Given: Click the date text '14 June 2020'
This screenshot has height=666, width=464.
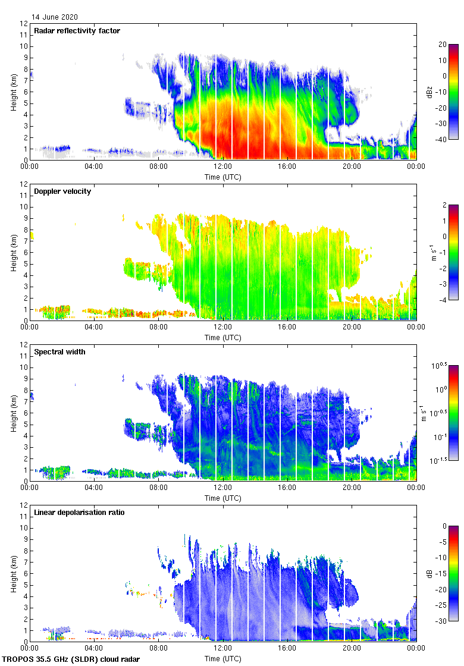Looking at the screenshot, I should click(x=55, y=17).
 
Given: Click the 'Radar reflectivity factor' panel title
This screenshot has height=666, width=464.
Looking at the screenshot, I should click(x=77, y=31).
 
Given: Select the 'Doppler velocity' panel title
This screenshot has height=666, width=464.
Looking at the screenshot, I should click(x=62, y=191).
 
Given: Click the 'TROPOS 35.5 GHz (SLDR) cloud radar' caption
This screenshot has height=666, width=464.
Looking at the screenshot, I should click(x=71, y=659).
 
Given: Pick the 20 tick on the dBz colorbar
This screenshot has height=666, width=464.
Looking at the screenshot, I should click(x=441, y=45).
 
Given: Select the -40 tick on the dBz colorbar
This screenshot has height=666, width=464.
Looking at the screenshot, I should click(x=443, y=140).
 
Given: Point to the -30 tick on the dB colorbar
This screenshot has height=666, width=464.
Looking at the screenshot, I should click(x=443, y=621).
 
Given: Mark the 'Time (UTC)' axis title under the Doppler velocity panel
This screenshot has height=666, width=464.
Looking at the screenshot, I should click(x=223, y=338).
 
